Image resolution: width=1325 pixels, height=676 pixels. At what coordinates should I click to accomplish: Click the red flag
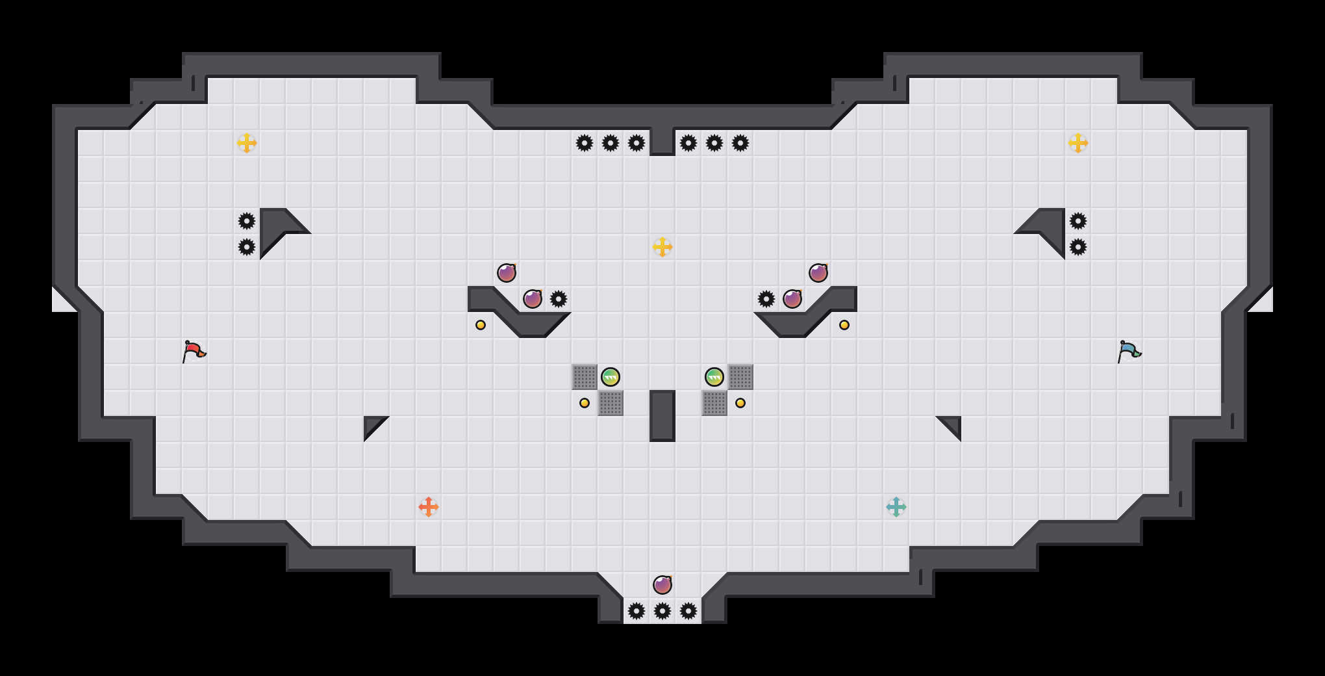[194, 351]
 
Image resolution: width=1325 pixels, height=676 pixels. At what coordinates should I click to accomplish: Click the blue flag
[1129, 351]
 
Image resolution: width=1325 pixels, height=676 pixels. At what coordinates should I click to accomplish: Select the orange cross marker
[429, 507]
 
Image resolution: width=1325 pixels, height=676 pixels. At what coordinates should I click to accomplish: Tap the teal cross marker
[896, 507]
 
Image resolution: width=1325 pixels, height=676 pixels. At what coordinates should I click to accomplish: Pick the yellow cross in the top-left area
[247, 143]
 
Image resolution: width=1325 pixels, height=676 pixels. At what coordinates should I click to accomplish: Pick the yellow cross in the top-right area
[1078, 143]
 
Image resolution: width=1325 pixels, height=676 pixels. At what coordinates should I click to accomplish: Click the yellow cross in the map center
[662, 247]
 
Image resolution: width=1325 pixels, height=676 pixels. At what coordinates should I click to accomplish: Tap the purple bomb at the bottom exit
[662, 585]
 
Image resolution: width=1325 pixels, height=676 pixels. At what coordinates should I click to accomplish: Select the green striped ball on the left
[611, 377]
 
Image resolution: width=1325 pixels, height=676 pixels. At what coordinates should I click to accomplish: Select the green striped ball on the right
[714, 377]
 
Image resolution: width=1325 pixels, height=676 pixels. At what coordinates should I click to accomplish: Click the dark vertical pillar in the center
[662, 416]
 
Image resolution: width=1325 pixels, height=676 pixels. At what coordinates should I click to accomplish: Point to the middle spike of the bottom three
[662, 611]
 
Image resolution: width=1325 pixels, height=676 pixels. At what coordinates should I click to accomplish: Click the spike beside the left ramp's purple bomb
[559, 299]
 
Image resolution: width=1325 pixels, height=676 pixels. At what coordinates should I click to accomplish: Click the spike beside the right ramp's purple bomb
[766, 299]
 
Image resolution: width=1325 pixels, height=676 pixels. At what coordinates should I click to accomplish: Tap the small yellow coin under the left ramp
[481, 325]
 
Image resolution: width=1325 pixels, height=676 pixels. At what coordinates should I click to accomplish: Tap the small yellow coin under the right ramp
[844, 325]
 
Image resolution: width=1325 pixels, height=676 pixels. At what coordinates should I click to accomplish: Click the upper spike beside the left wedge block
[247, 221]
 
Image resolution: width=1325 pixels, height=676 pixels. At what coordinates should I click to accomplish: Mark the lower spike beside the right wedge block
[1078, 247]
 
